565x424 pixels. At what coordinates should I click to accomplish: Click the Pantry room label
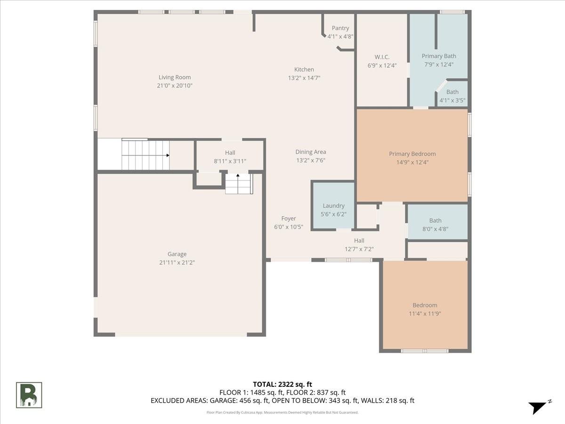[x=340, y=28]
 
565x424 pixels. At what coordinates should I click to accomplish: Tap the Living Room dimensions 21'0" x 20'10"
[x=175, y=85]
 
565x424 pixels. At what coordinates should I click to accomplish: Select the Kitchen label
[x=304, y=69]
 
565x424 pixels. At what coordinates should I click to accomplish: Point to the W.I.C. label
[x=382, y=57]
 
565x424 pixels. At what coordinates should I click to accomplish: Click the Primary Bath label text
[x=439, y=56]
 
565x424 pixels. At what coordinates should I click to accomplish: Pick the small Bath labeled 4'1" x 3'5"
[x=452, y=96]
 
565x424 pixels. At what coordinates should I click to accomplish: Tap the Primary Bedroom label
[x=412, y=154]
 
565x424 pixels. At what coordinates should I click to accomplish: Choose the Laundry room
[x=334, y=206]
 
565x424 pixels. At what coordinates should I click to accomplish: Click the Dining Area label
[x=311, y=152]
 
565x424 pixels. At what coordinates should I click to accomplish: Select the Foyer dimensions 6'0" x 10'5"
[x=289, y=227]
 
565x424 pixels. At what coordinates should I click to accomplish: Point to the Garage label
[x=177, y=254]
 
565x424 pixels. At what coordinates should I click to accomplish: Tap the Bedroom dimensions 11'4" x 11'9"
[x=425, y=314]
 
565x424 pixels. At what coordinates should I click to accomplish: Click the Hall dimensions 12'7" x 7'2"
[x=359, y=249]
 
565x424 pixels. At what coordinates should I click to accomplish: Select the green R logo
[x=29, y=395]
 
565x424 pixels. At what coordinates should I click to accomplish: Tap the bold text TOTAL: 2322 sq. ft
[x=282, y=384]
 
